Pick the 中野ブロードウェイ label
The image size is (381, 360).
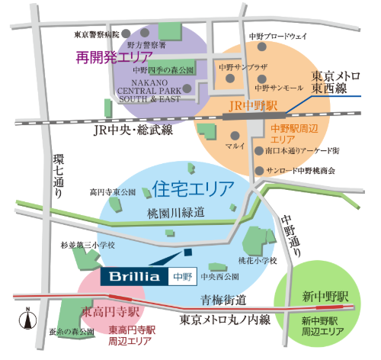[x=277, y=36]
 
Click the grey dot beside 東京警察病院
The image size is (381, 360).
[x=127, y=33]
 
